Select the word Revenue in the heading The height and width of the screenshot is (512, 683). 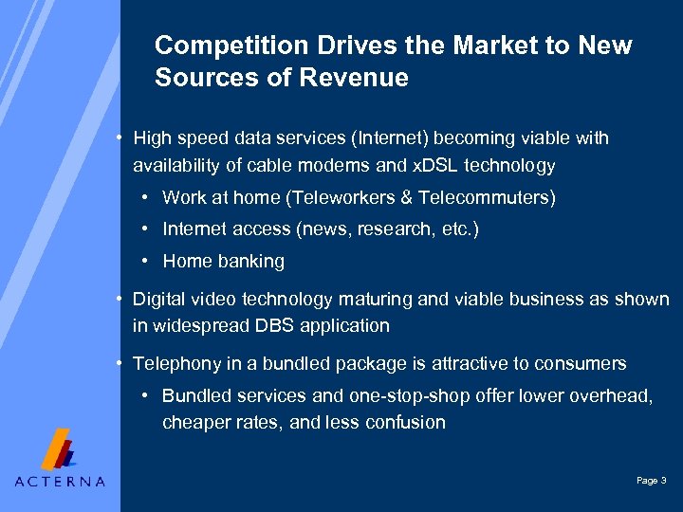[360, 78]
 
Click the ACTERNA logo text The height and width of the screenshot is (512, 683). [60, 481]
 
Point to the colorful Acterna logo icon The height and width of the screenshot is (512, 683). [60, 448]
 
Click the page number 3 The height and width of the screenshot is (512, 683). [663, 481]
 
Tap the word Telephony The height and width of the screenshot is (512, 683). [174, 364]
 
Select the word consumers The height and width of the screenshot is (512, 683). [581, 364]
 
